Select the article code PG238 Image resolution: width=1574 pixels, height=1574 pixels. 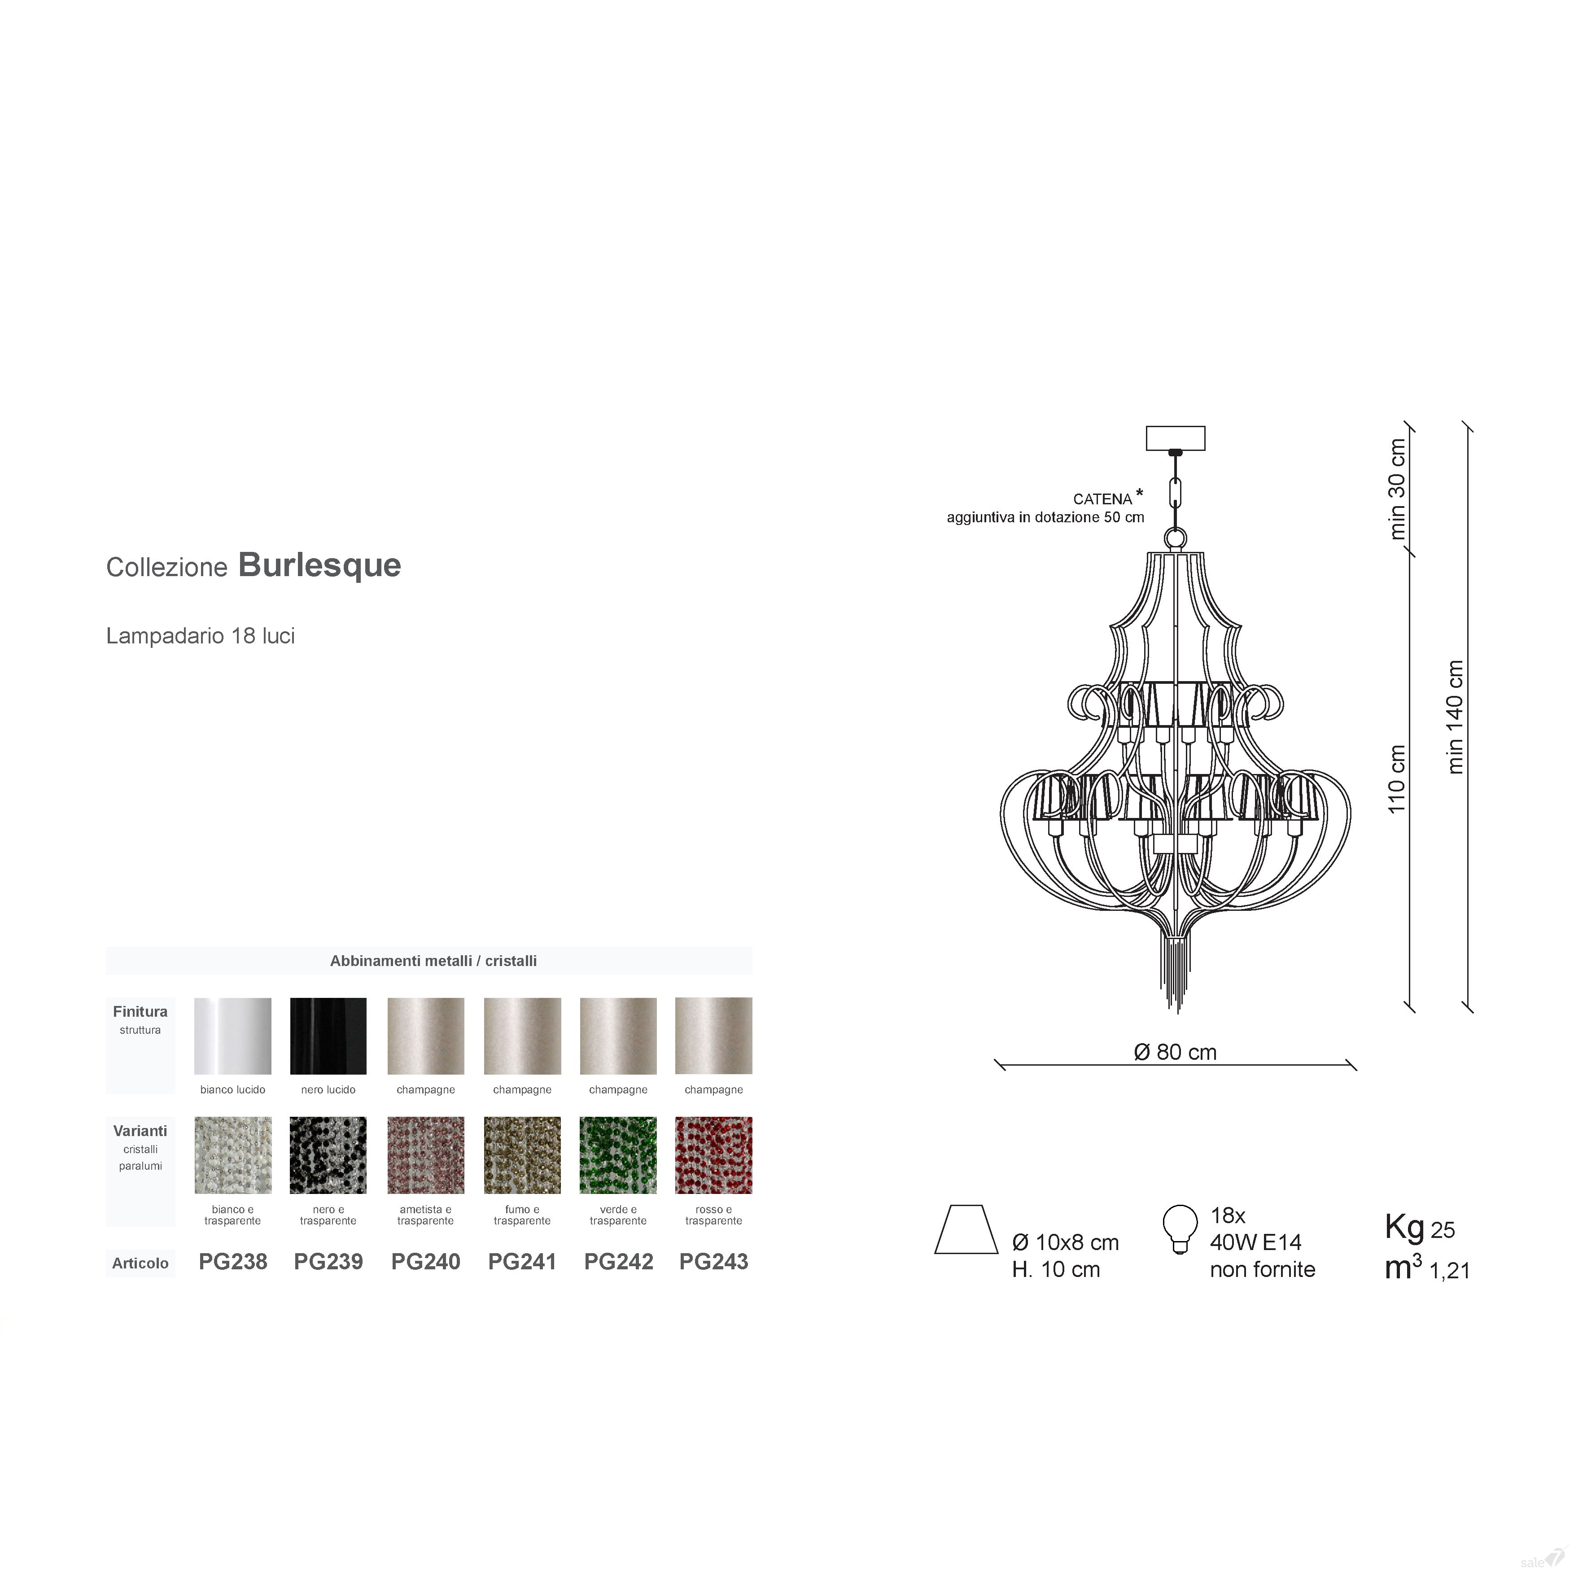233,1262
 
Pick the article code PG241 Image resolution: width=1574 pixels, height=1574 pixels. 522,1262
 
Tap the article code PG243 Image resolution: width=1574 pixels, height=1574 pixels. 714,1262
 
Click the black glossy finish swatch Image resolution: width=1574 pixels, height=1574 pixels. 328,1036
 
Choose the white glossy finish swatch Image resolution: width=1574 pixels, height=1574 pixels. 233,1036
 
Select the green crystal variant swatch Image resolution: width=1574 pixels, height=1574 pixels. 618,1155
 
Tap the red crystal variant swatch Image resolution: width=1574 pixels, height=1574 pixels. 714,1155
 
